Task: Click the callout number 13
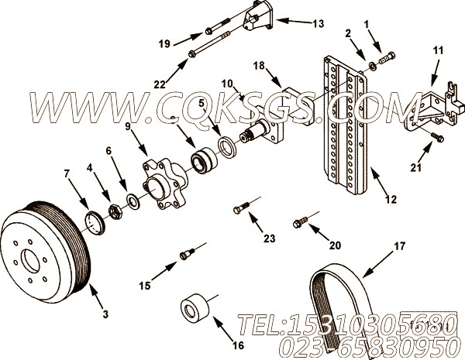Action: coord(319,24)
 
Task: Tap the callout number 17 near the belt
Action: coord(399,246)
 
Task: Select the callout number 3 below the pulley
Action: coord(106,314)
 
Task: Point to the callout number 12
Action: coord(391,200)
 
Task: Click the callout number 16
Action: coord(238,345)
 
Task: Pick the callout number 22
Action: coord(160,84)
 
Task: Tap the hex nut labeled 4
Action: coord(115,211)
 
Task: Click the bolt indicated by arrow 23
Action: coord(242,207)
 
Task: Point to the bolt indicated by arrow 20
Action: coord(301,222)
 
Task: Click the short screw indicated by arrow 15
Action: coord(187,254)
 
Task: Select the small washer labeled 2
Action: coord(373,66)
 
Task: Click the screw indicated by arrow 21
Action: coord(437,137)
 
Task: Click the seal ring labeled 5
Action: coord(227,146)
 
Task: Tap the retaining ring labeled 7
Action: coord(95,222)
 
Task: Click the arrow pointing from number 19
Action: coord(188,39)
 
